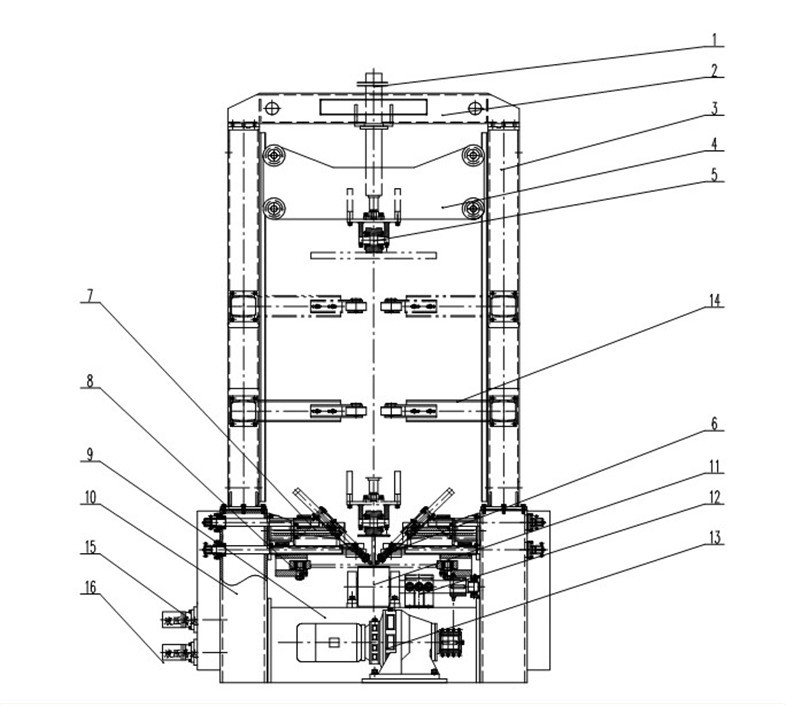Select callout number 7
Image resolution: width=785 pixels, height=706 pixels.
(x=91, y=297)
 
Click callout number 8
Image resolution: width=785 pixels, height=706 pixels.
(x=91, y=382)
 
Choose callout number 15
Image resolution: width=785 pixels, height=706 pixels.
(x=91, y=547)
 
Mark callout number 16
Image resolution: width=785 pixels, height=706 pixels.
(x=91, y=591)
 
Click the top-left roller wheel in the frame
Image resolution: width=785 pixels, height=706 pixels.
(x=272, y=155)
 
